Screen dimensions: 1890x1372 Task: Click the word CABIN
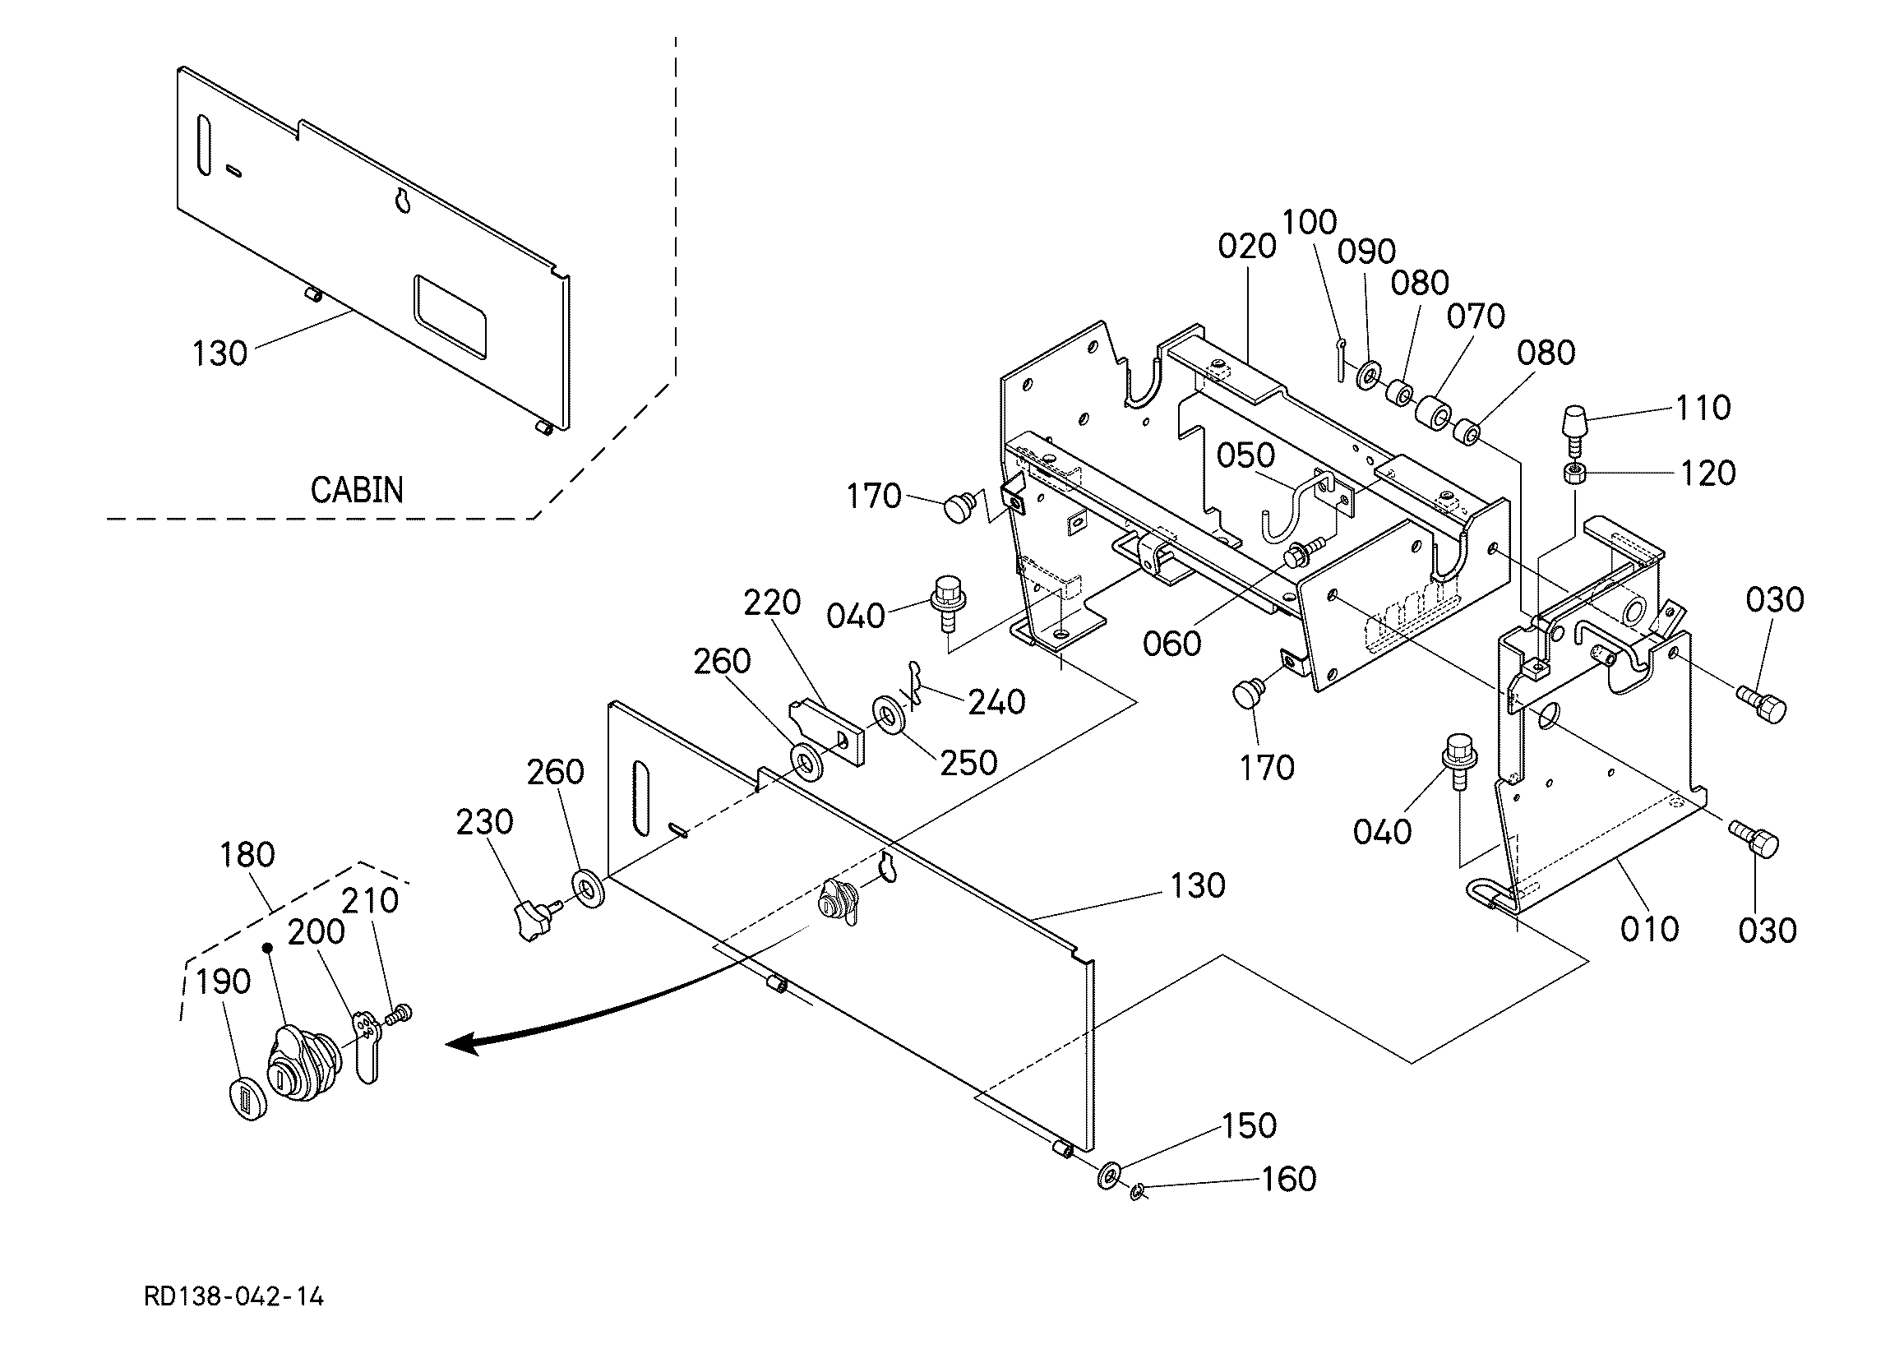357,490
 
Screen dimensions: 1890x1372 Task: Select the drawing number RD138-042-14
234,1297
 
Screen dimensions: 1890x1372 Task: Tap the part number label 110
1703,408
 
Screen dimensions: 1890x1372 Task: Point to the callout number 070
1476,316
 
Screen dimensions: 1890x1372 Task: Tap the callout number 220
772,602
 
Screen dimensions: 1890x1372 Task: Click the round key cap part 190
246,1097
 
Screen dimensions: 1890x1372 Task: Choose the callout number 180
247,854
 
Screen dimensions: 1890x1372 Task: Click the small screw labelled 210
400,1014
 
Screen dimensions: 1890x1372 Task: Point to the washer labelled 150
1109,1175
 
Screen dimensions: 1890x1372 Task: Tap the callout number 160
1288,1180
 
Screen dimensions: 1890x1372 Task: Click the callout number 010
1649,929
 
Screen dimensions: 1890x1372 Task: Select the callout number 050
1245,456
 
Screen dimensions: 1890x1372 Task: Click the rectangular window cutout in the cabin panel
450,317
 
